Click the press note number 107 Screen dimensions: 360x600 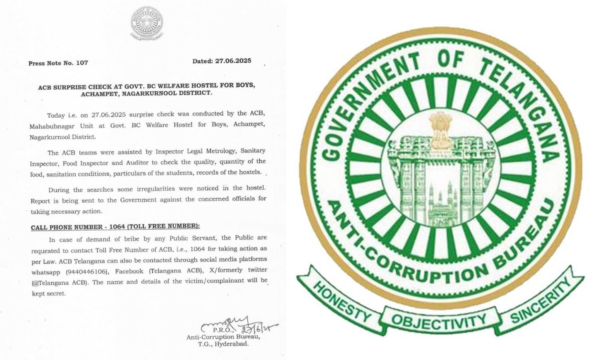pos(81,63)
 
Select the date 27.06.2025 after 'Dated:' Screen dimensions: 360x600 pos(233,61)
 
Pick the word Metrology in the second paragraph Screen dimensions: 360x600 pos(220,151)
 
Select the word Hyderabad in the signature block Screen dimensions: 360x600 pos(231,344)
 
